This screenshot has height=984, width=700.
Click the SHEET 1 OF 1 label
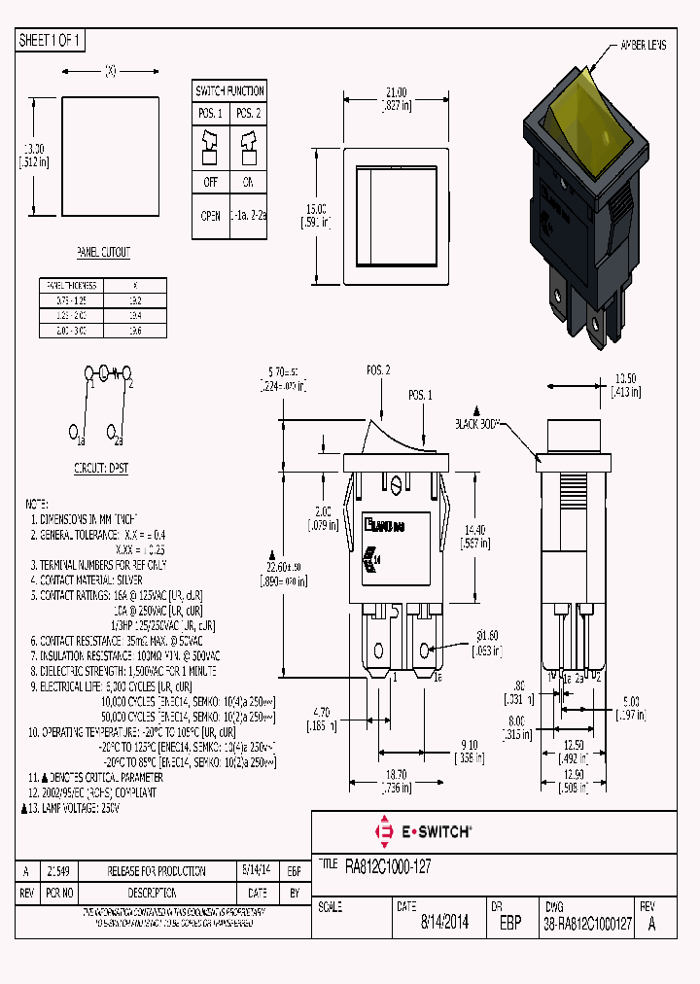coord(51,41)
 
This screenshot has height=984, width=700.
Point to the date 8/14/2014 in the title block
coord(444,923)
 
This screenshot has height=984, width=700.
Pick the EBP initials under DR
coord(507,923)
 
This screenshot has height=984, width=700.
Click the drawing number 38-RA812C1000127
coord(589,923)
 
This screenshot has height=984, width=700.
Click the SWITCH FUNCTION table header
coord(229,91)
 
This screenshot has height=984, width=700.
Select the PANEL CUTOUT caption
coord(103,252)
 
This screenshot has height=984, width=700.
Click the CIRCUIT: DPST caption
coord(101,468)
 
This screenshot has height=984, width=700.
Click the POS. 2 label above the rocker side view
coord(378,370)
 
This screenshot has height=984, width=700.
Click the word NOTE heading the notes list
coord(36,505)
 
